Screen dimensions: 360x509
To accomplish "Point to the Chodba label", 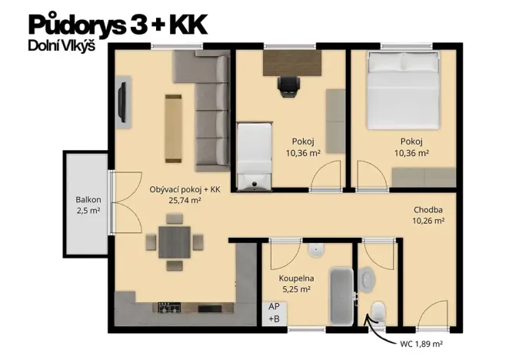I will (428, 208).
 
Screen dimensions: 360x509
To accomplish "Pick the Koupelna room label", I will (295, 278).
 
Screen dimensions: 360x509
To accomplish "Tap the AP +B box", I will (274, 312).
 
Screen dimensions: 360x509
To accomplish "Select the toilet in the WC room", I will (378, 312).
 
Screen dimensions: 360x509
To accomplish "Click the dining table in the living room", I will (175, 242).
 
